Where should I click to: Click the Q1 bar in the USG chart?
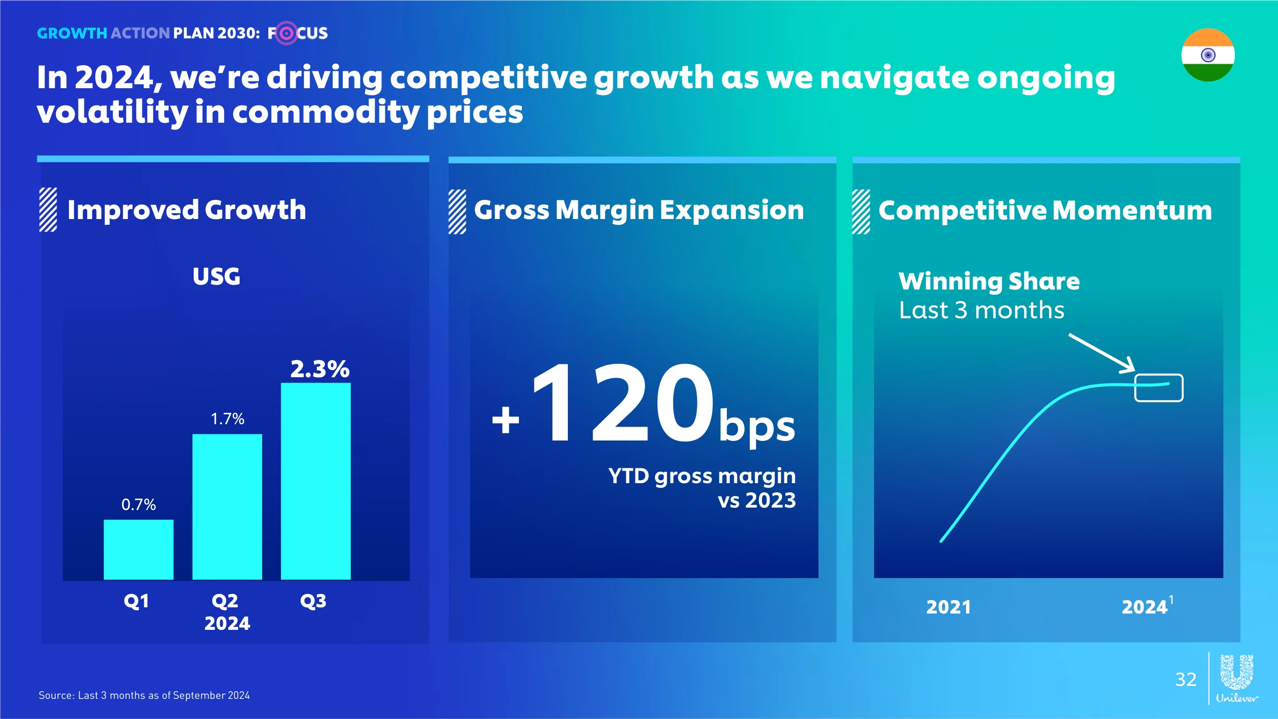[x=138, y=549]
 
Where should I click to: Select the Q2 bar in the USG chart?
[x=227, y=507]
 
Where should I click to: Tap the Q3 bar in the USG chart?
[x=315, y=481]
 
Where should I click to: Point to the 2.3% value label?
[x=320, y=369]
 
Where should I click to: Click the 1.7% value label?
[x=228, y=419]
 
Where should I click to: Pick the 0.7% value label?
[x=139, y=505]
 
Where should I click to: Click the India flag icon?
[x=1208, y=55]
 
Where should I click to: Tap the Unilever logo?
[x=1237, y=678]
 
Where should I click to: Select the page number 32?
[x=1186, y=679]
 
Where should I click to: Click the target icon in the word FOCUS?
[x=286, y=33]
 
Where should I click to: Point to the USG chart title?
[x=216, y=277]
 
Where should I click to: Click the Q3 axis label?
[x=313, y=601]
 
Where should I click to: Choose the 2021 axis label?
[x=949, y=607]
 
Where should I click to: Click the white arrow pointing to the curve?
[x=1102, y=353]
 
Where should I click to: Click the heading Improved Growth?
[x=186, y=210]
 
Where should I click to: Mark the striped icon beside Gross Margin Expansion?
[x=457, y=211]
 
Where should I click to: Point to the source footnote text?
[x=144, y=695]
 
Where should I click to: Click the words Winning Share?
[x=989, y=281]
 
